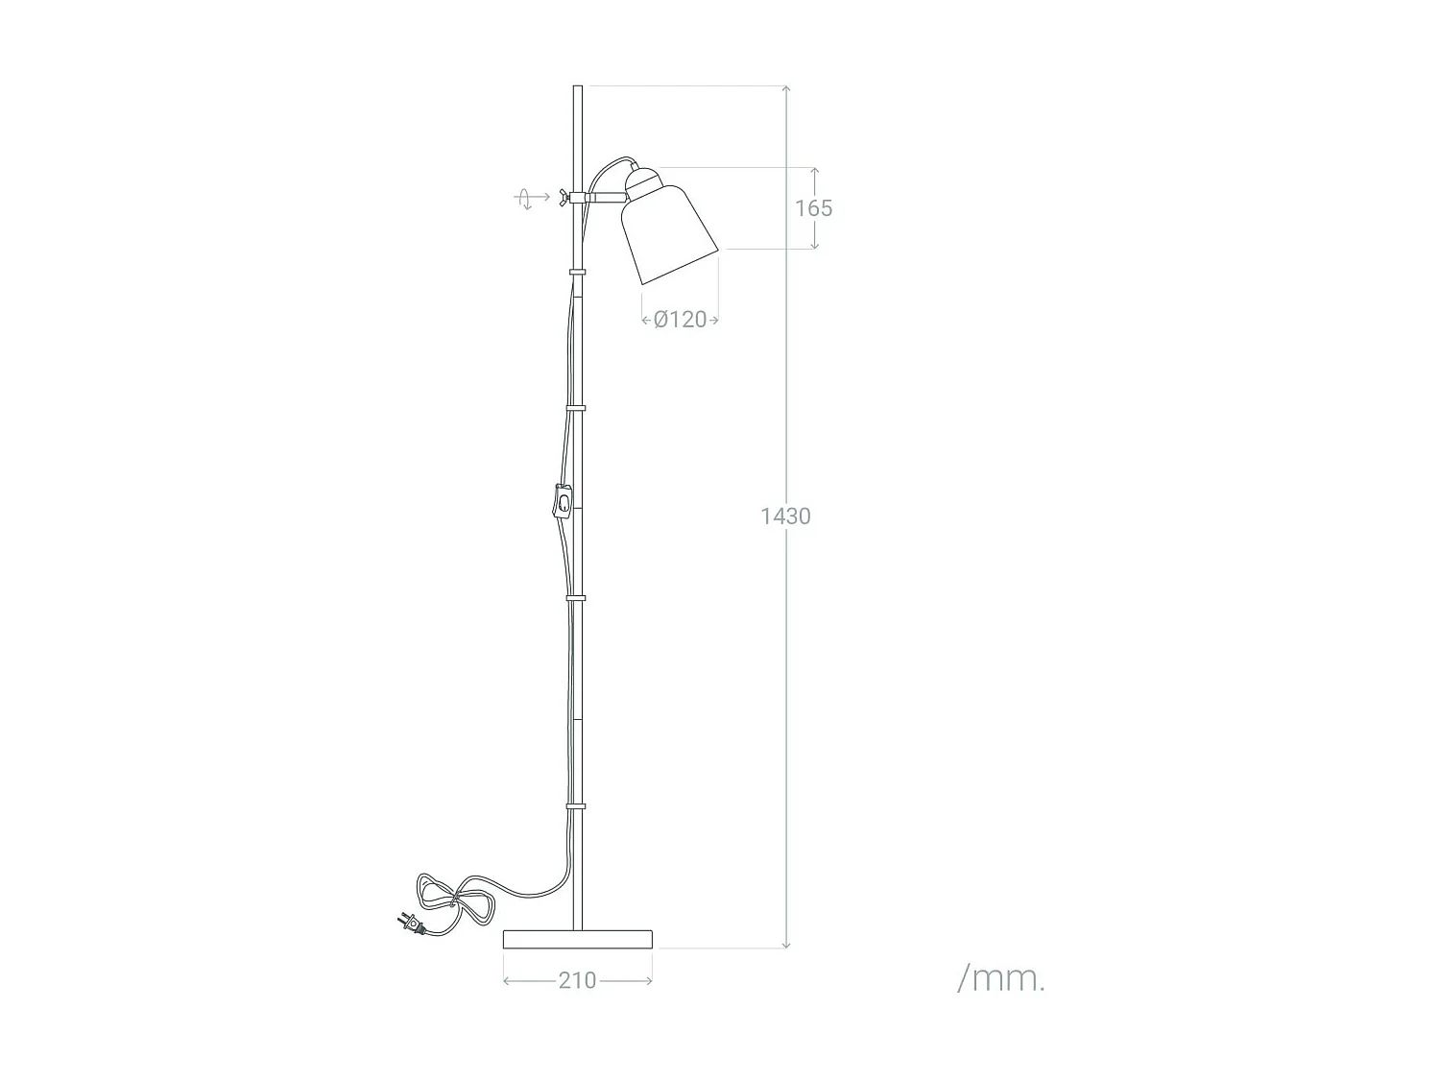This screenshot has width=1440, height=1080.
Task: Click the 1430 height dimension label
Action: (x=785, y=516)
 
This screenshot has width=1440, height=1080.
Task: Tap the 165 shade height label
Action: (x=813, y=208)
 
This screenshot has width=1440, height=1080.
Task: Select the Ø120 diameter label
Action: (x=680, y=320)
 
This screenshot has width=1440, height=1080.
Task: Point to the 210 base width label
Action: (x=577, y=980)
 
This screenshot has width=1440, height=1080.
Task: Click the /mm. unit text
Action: (x=1001, y=978)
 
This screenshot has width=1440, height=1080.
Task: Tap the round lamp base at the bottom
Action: (x=578, y=938)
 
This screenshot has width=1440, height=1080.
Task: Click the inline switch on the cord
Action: (x=564, y=502)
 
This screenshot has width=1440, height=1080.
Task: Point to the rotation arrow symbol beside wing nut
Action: (x=526, y=199)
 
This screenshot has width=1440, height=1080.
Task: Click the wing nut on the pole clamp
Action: (x=558, y=198)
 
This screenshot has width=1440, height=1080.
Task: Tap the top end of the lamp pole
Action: (x=578, y=89)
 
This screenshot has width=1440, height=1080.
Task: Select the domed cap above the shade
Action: (x=644, y=180)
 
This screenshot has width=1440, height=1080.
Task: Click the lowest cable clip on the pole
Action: (x=577, y=805)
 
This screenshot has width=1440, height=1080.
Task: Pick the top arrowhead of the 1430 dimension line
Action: (x=786, y=89)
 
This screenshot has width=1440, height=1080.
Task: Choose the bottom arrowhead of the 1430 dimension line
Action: (x=786, y=945)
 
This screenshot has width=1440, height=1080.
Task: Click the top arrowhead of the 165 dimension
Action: (x=815, y=171)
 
